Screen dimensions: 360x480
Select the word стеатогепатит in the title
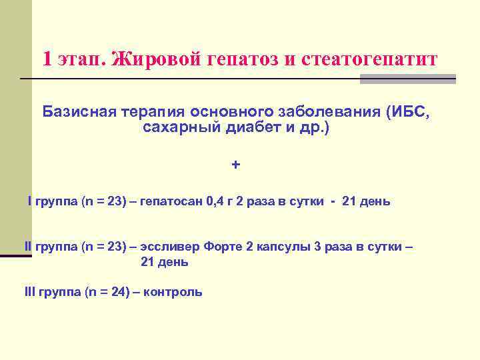coord(370,59)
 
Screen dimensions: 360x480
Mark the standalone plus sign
coord(235,164)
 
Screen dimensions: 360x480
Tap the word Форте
coord(221,247)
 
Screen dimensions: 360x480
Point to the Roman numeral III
coord(30,292)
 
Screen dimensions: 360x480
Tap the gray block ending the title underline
coord(407,79)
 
